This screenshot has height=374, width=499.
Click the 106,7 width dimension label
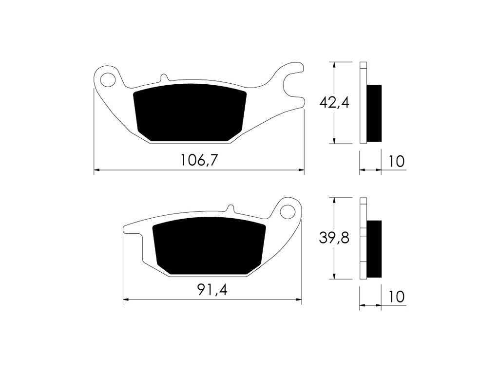tap(199, 160)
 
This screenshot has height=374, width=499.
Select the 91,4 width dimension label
tap(212, 289)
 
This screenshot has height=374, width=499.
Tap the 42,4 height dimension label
tap(334, 102)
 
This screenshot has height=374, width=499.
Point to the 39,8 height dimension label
tap(334, 238)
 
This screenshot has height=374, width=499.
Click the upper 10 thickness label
tap(397, 162)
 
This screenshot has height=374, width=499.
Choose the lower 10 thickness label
tap(397, 297)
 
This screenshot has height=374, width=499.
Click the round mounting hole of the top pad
tap(108, 79)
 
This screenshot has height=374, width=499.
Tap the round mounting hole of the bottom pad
tap(288, 212)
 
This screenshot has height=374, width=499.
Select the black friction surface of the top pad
tap(190, 112)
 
